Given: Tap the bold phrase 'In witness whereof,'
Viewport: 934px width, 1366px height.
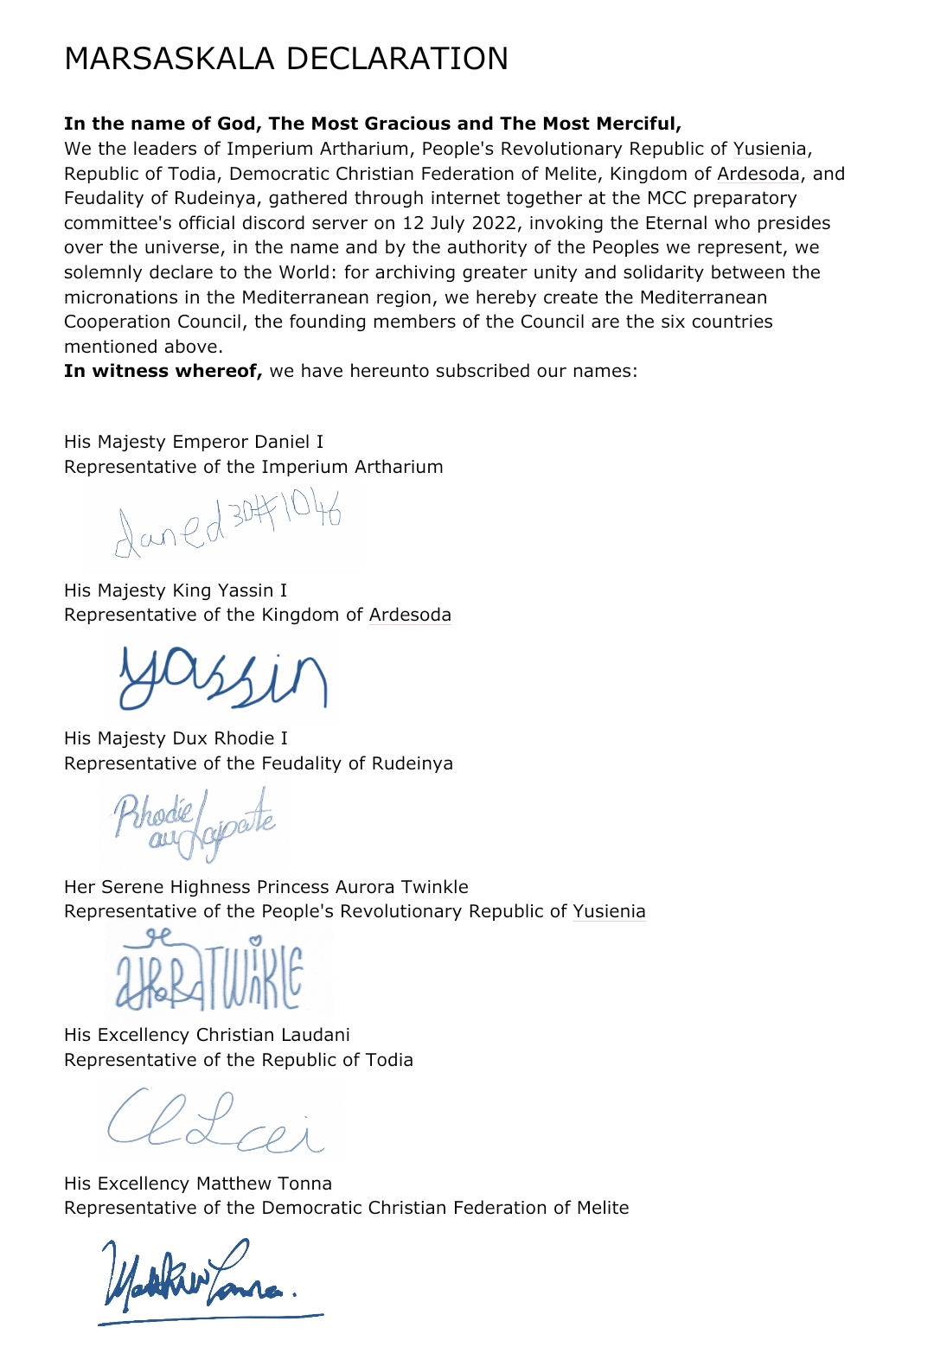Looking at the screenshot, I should coord(163,371).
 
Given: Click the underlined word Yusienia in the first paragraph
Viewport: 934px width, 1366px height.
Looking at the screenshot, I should coord(770,149).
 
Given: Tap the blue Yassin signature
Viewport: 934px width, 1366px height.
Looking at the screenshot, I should coord(223,678).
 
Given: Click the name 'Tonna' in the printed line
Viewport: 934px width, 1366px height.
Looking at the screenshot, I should coord(304,1184).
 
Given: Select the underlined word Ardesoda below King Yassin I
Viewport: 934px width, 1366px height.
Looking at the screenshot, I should coord(410,615).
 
